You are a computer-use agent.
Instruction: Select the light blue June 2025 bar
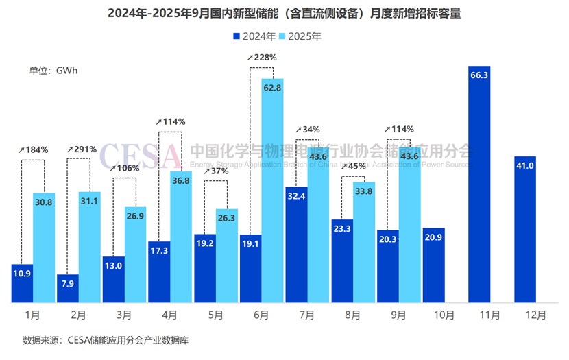[x=272, y=192]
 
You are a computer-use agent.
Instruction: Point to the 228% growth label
[x=263, y=58]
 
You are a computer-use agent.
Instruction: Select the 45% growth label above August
[x=354, y=165]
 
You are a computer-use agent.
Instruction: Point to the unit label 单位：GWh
[x=53, y=70]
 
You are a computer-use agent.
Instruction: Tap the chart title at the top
[x=284, y=13]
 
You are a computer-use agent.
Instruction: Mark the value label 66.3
[x=479, y=75]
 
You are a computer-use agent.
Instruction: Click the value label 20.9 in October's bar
[x=433, y=237]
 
